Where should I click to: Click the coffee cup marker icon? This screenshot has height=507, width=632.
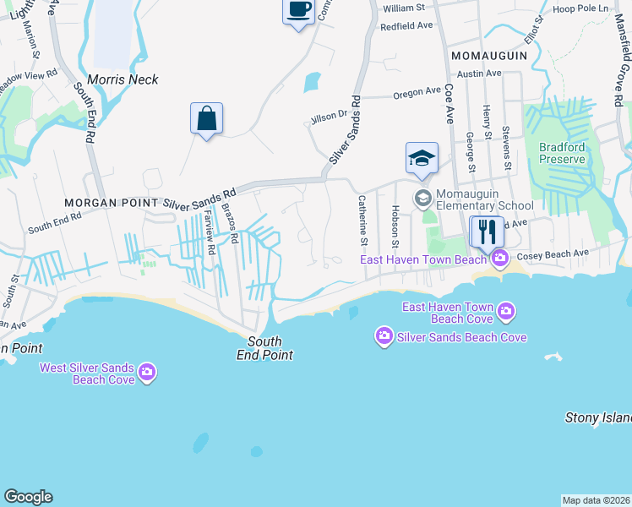point(297,11)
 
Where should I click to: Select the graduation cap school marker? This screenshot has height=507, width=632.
point(422,159)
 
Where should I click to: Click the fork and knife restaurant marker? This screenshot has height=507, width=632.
point(487,231)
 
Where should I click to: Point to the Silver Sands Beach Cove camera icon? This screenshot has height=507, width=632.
point(384,337)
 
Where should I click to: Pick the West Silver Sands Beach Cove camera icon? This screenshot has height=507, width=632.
point(147,372)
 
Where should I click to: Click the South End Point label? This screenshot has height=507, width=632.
point(270,349)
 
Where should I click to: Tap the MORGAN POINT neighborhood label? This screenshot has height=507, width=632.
point(112,204)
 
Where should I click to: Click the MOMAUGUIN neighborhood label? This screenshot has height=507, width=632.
point(489,56)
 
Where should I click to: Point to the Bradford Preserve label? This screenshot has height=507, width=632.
point(562,153)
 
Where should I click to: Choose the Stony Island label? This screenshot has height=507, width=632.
point(598,417)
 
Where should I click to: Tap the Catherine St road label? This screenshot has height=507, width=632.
point(362,217)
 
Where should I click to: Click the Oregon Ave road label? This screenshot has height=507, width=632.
point(417,94)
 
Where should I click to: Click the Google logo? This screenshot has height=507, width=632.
point(29,497)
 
